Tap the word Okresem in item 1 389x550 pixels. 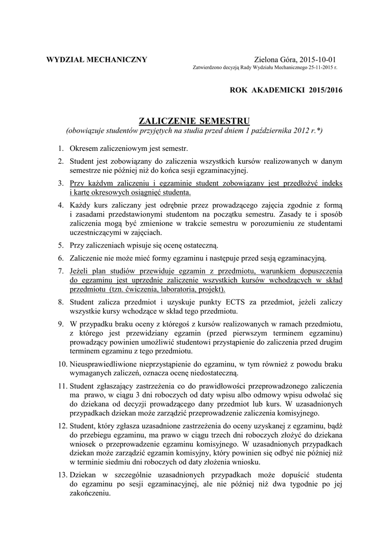click(85, 148)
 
